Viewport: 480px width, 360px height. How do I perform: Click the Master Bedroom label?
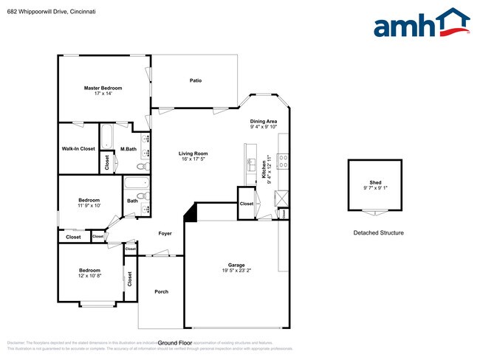click(103, 88)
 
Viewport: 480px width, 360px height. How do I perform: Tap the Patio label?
click(196, 80)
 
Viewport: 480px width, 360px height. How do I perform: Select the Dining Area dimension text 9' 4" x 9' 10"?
click(263, 127)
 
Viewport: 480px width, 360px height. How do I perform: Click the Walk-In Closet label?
click(78, 148)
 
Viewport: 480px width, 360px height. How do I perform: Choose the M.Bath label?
click(128, 149)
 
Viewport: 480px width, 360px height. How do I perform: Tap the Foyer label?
click(165, 233)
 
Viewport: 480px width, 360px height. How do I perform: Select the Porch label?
click(161, 291)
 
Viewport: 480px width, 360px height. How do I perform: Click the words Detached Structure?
click(377, 233)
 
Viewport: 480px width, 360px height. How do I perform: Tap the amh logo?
click(422, 24)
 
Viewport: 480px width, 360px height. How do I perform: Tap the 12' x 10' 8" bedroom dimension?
click(89, 275)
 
